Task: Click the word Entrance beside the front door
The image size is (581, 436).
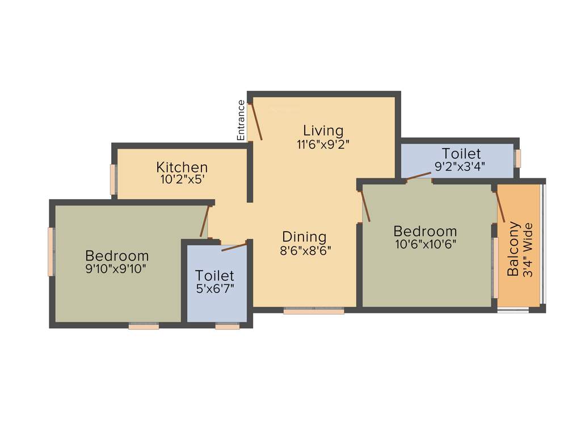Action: (x=241, y=120)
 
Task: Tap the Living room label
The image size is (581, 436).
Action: (x=323, y=130)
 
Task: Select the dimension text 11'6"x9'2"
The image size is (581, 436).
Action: (x=323, y=144)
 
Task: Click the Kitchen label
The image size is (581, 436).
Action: (x=182, y=167)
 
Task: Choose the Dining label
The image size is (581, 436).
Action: (x=305, y=237)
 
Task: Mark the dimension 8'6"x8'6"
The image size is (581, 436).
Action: (x=305, y=250)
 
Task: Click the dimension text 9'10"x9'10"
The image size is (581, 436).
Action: (x=117, y=269)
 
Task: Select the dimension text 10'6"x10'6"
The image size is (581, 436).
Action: (x=425, y=244)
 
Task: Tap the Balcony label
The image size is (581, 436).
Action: (x=513, y=249)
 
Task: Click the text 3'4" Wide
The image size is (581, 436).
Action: (x=528, y=250)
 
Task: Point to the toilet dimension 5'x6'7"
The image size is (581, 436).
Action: (x=215, y=289)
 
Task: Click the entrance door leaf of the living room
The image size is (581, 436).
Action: (x=256, y=121)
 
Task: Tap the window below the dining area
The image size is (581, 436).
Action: (x=314, y=311)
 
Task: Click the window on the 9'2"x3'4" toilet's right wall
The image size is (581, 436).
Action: (x=518, y=158)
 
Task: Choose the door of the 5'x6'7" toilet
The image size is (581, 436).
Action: (x=234, y=246)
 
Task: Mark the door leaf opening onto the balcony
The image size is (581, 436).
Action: (x=500, y=206)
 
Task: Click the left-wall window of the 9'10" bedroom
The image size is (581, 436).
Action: (x=51, y=251)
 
